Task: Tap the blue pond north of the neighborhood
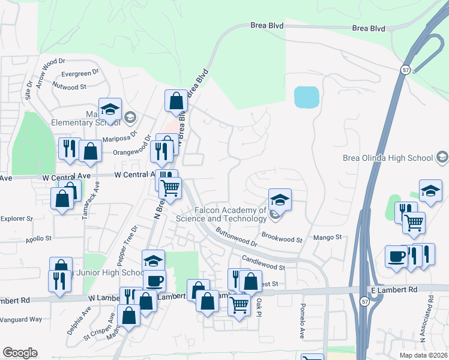pos(306,97)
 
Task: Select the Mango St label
pos(328,238)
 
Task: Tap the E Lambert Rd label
pos(394,289)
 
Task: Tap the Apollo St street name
pos(38,238)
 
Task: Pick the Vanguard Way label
pos(21,319)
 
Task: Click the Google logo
pos(20,353)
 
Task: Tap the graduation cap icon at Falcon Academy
pos(279,200)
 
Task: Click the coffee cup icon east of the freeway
pos(396,255)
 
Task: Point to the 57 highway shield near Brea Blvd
pos(403,70)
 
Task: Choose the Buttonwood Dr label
pos(237,236)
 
